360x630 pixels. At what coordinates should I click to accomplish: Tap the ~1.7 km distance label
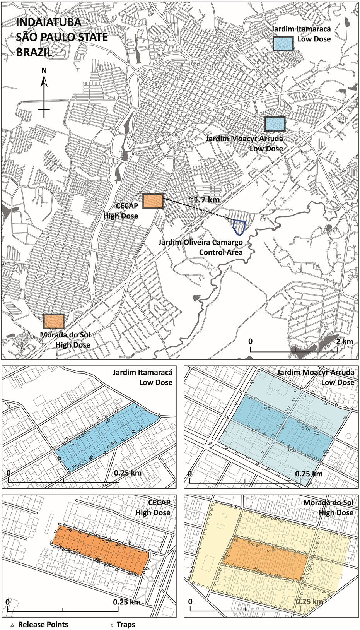click(x=204, y=200)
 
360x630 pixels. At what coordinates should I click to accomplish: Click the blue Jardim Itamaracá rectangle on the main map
click(x=283, y=44)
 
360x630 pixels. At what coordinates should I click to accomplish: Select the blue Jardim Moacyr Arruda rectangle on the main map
click(x=275, y=124)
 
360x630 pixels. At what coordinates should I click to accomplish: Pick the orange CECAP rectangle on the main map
click(x=153, y=201)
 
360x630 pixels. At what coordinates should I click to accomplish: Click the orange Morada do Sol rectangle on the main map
click(x=53, y=321)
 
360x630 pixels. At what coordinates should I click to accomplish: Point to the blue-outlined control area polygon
click(x=239, y=227)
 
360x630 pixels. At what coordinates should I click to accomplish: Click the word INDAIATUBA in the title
click(x=49, y=22)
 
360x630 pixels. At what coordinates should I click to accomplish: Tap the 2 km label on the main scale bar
click(x=344, y=341)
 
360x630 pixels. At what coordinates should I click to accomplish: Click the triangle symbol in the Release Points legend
click(x=12, y=625)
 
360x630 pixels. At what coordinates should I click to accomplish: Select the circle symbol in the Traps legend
click(x=112, y=625)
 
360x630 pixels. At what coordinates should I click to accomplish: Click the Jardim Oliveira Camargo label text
click(x=200, y=242)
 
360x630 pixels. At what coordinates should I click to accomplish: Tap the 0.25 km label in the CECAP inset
click(x=126, y=602)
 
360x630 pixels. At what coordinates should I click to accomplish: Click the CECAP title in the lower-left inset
click(x=159, y=502)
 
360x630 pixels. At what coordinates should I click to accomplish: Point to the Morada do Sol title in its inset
click(x=328, y=502)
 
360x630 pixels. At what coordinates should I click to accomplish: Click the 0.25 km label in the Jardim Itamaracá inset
click(x=128, y=473)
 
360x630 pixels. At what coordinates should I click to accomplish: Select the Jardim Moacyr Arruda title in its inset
click(x=316, y=372)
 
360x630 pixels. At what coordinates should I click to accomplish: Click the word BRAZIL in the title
click(x=34, y=52)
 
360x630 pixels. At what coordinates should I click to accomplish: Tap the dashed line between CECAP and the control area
click(x=197, y=209)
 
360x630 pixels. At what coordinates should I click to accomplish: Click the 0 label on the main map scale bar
click(x=251, y=341)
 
